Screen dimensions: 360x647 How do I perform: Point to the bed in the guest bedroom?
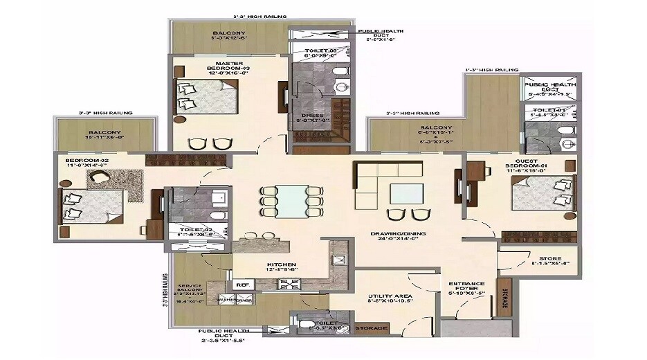click(544, 193)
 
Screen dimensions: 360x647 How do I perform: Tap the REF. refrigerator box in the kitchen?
click(242, 284)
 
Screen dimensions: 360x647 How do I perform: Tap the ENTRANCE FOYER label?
click(466, 287)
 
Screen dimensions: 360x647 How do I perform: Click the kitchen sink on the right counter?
click(340, 260)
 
